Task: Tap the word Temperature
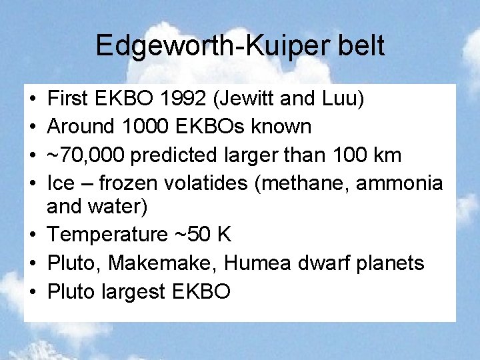[x=108, y=235]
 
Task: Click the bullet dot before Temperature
[x=33, y=235]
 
